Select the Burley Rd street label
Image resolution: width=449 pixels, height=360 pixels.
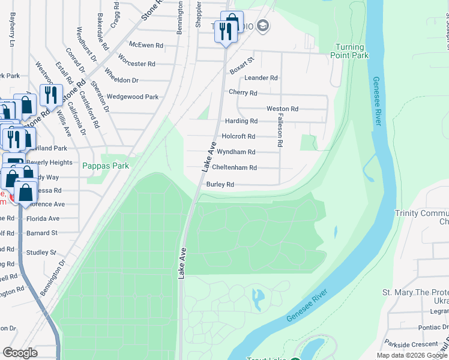220,185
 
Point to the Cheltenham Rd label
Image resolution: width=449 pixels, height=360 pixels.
235,168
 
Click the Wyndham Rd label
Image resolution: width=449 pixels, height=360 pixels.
236,152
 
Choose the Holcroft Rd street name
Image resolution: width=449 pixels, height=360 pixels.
239,137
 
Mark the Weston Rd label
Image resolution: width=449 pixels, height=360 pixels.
282,109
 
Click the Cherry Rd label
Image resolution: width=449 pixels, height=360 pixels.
243,93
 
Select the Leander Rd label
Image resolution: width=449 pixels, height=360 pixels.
261,78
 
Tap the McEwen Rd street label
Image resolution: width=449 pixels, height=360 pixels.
142,45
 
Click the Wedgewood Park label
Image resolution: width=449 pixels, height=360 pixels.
133,97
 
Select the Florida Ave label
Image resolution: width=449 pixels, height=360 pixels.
43,219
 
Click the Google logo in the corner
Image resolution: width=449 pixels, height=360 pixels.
20,353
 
